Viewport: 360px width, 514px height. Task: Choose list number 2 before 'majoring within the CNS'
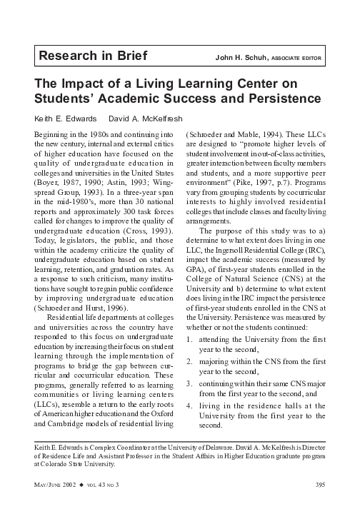click(x=188, y=362)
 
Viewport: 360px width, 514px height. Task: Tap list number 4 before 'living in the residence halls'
click(x=188, y=406)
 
